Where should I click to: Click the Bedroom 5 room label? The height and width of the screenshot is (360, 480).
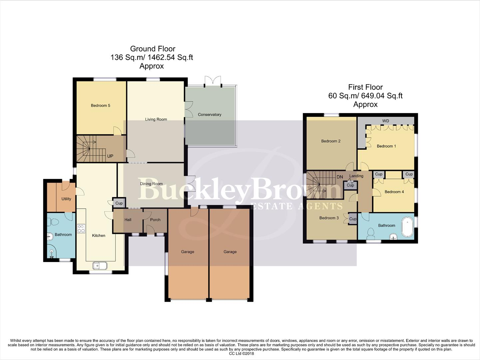[x=100, y=106]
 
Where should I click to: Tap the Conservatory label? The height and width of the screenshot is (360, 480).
[x=210, y=115]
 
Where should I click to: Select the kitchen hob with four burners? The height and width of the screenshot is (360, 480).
[x=81, y=228]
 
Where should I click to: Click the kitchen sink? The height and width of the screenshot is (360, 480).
[x=100, y=266]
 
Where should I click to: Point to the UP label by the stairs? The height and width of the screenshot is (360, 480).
[x=110, y=156]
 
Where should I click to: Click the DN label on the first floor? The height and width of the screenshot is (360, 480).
[x=339, y=177]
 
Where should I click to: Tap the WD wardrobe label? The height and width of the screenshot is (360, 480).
[x=385, y=121]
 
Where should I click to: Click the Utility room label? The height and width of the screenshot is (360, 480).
[x=66, y=199]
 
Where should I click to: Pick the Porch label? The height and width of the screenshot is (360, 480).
[x=155, y=220]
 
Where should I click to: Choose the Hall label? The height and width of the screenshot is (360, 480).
[x=128, y=220]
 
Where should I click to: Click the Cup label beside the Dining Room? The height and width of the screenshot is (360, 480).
[x=119, y=203]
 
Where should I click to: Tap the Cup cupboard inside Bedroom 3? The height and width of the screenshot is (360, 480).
[x=353, y=219]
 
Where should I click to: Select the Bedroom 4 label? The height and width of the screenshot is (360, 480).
[x=394, y=192]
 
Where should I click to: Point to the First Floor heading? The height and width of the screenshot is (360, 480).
[x=365, y=87]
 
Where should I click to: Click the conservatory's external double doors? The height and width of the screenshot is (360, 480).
[x=213, y=81]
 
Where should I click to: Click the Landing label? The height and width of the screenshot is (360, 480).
[x=356, y=176]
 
